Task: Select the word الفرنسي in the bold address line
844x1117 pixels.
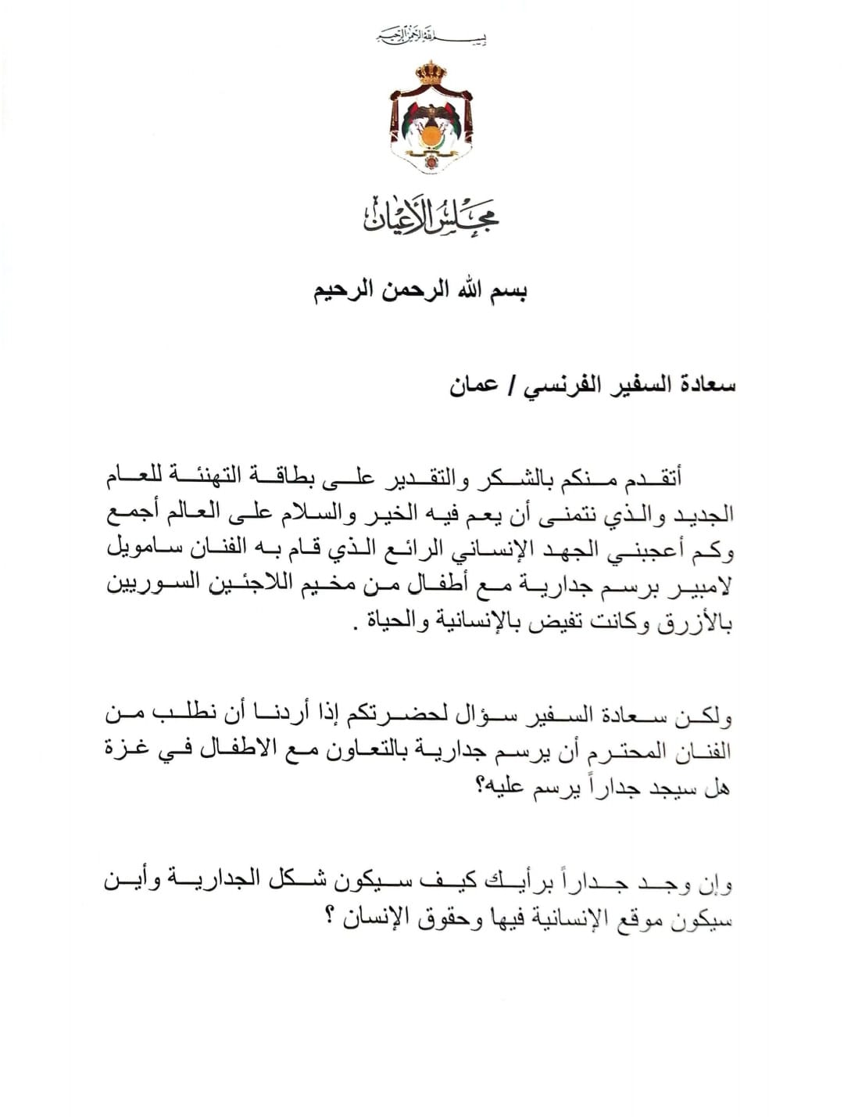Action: point(570,387)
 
